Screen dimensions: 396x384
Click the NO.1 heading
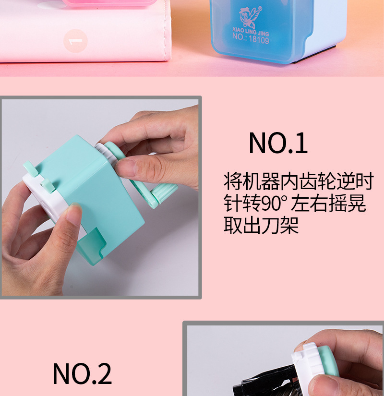point(278,143)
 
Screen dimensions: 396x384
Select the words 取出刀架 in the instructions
point(261,225)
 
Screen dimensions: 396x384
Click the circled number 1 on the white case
point(75,40)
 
